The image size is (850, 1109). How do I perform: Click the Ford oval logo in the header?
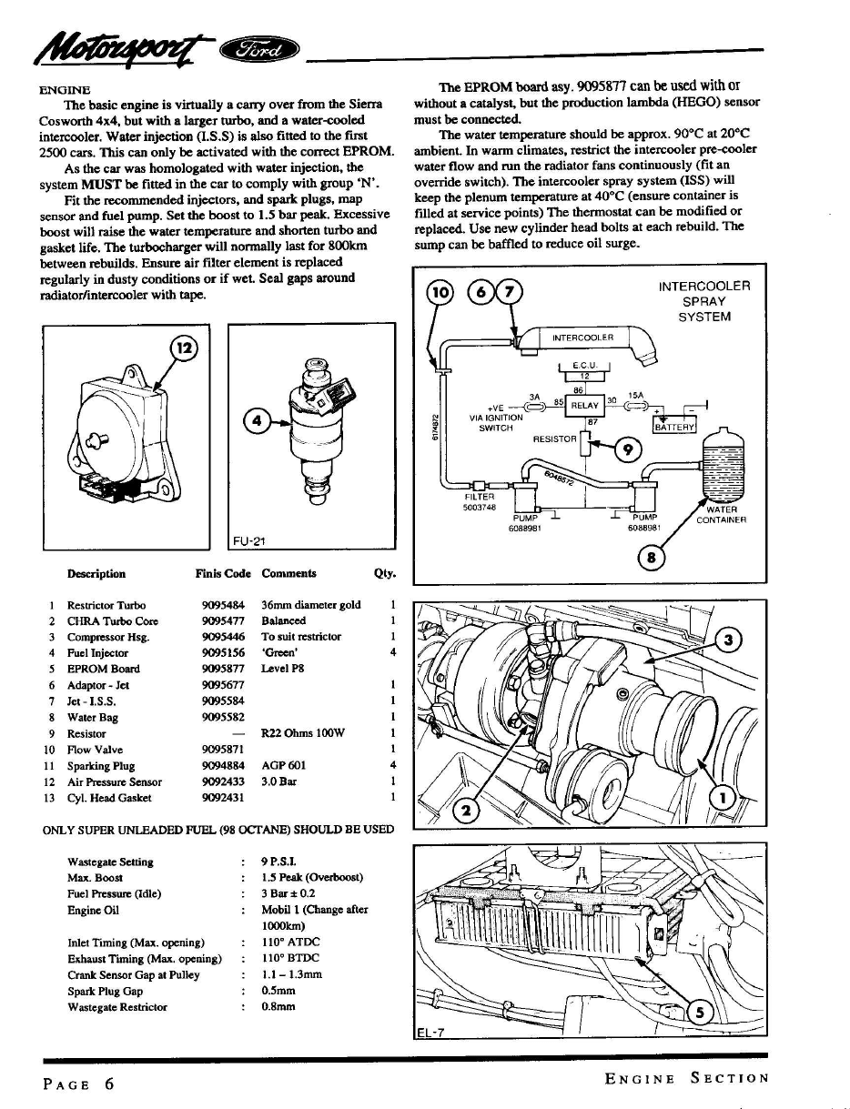258,51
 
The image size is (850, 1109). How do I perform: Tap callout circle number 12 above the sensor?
184,348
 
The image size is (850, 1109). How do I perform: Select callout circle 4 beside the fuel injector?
257,420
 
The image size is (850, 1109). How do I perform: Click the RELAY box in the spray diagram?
584,406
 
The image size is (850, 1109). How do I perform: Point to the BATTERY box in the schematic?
674,427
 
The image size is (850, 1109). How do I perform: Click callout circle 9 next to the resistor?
627,449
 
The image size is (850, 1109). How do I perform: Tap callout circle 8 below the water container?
651,558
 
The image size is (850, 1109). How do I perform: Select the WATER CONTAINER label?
722,514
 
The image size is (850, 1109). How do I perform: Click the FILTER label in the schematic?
480,497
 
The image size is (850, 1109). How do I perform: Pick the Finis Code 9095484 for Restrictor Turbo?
223,605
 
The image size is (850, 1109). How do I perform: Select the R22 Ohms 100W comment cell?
303,733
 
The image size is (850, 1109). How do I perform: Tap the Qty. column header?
385,573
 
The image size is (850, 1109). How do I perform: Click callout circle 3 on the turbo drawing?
728,640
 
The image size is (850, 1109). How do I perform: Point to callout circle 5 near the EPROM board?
700,1013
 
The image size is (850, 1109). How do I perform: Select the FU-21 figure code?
249,541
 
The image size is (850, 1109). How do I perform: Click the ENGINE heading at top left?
65,90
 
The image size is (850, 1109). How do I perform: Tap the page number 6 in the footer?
109,1083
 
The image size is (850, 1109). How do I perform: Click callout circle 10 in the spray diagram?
440,292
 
